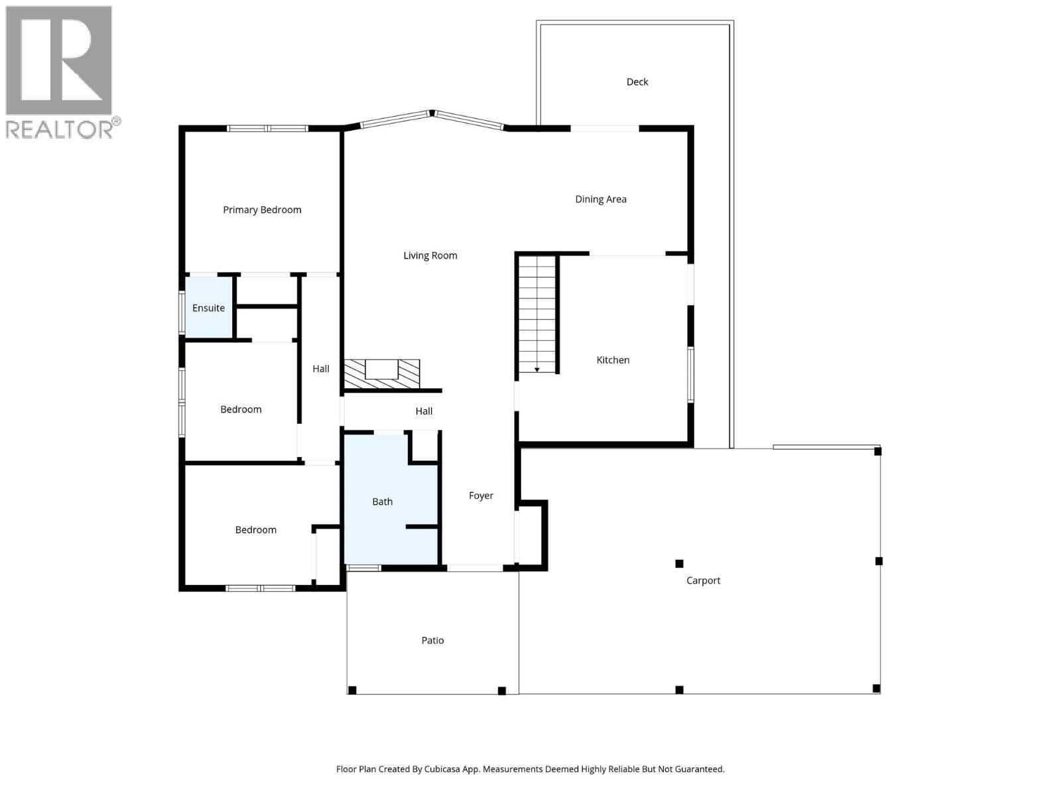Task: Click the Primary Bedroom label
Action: click(262, 210)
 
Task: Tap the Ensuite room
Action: click(208, 308)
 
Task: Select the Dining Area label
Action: click(600, 199)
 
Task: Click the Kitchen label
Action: click(613, 360)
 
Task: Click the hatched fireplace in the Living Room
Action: click(382, 374)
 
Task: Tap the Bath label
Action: click(382, 501)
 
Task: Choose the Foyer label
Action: click(481, 496)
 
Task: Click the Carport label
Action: click(703, 580)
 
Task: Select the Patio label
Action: click(432, 640)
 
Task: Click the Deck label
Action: click(637, 82)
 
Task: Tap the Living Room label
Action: click(430, 255)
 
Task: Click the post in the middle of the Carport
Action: click(679, 564)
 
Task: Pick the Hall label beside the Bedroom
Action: click(321, 369)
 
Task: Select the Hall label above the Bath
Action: click(424, 411)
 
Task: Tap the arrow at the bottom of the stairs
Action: click(536, 369)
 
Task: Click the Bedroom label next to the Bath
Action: click(255, 529)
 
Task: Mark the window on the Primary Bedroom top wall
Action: click(267, 128)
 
